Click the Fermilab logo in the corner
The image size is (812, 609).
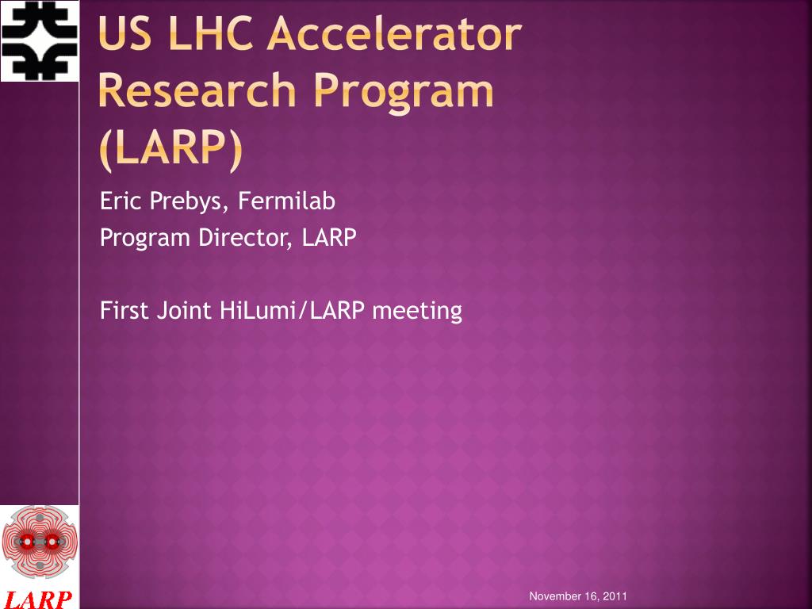tap(40, 41)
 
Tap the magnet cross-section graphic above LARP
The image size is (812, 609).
tap(40, 542)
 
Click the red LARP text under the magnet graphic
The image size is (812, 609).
tap(40, 599)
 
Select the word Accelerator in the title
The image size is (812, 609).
tap(395, 33)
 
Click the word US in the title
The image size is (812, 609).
tap(124, 33)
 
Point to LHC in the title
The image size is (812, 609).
tap(211, 33)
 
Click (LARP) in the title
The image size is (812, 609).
tap(170, 149)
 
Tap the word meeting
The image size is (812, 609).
tap(417, 312)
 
